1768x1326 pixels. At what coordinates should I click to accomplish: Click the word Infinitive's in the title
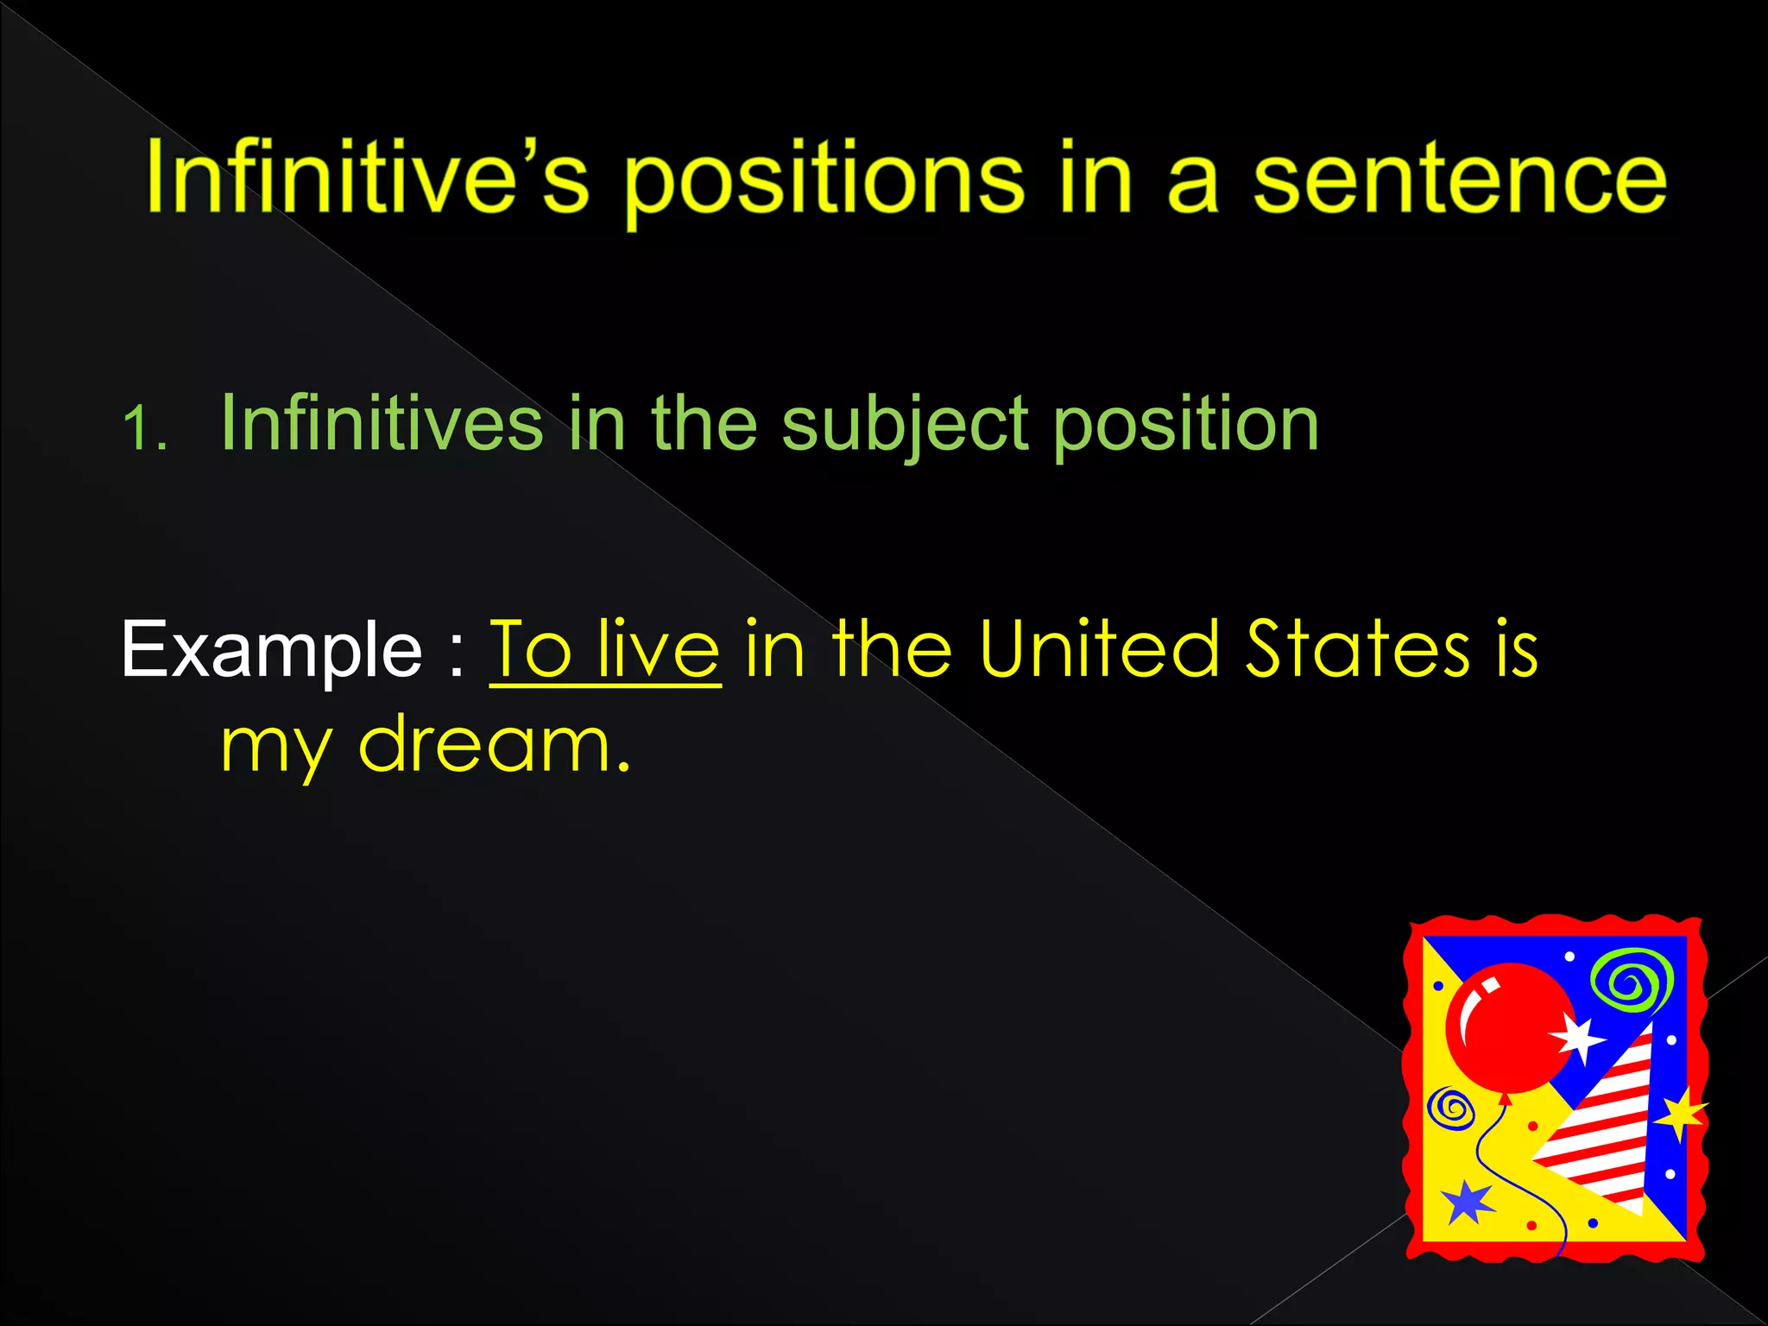pyautogui.click(x=367, y=177)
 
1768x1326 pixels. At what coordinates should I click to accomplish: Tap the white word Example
pyautogui.click(x=271, y=649)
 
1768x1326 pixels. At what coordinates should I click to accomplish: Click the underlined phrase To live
pyautogui.click(x=604, y=649)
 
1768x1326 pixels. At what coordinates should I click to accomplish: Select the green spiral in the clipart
pyautogui.click(x=1632, y=980)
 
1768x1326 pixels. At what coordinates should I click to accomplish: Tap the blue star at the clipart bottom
pyautogui.click(x=1467, y=1202)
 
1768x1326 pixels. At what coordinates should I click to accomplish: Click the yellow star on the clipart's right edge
pyautogui.click(x=1680, y=1114)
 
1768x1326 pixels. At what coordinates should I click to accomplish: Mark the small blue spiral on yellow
pyautogui.click(x=1452, y=1108)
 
